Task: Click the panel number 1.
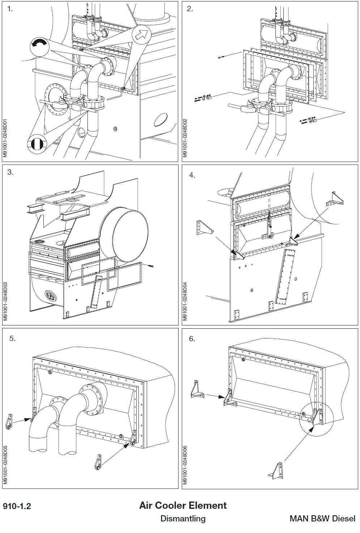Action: [10, 9]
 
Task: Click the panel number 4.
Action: [192, 175]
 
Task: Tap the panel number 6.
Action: [192, 339]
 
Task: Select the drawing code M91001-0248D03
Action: [5, 301]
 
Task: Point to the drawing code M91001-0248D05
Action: [5, 465]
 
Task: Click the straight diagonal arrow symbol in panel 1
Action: [142, 34]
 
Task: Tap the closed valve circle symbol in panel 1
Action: [37, 144]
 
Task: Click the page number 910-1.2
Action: [17, 506]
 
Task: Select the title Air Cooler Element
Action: [183, 506]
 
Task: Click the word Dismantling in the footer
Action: [183, 519]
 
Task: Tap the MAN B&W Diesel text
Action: [322, 519]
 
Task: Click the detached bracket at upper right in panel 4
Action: [335, 199]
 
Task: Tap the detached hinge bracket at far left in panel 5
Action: [9, 422]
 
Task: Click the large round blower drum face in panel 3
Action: [130, 236]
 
